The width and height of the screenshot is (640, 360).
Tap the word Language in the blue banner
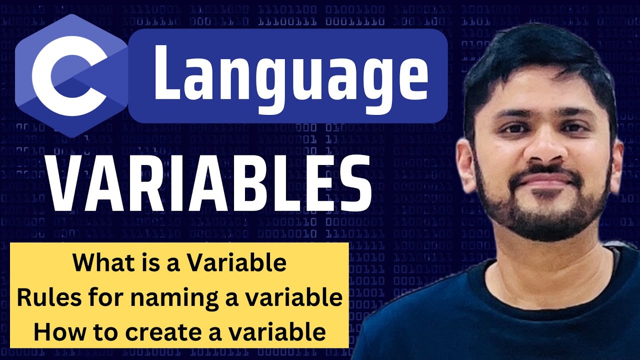290,75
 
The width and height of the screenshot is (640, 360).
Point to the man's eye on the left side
510,127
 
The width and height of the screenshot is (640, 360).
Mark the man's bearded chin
545,220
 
